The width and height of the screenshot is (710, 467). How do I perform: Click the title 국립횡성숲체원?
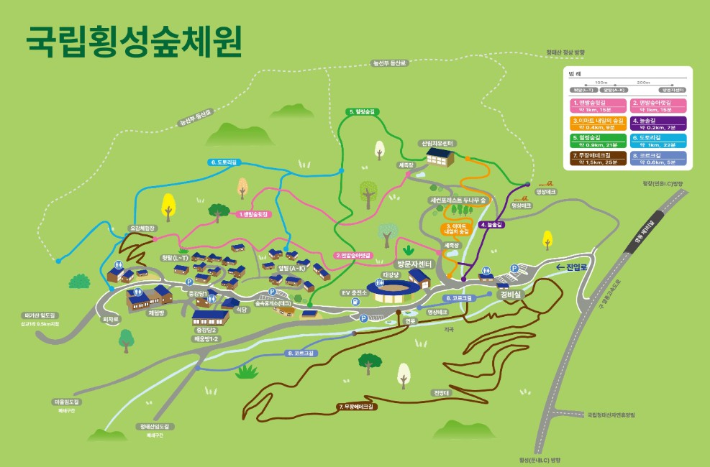tap(133, 42)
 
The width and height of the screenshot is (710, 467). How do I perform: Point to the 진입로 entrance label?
tap(572, 268)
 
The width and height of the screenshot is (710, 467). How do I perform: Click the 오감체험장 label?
tap(142, 228)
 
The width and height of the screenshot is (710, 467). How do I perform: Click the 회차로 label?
tap(110, 318)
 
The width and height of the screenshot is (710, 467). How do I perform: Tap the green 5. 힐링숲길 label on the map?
tap(363, 112)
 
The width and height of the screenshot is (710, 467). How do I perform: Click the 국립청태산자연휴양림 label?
tap(611, 414)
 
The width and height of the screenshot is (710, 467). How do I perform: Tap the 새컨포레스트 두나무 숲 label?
tap(458, 199)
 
